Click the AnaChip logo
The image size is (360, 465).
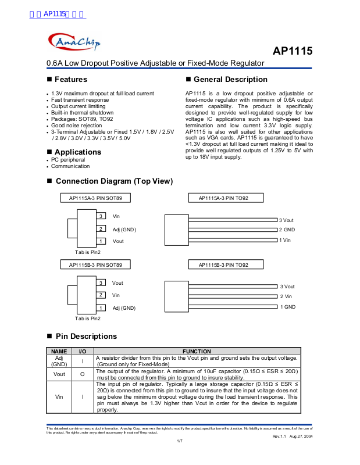coord(74,41)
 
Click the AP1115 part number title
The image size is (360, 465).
coord(292,51)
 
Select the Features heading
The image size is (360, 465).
coord(71,79)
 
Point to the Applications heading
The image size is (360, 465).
coord(78,152)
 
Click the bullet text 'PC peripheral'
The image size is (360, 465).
coord(67,160)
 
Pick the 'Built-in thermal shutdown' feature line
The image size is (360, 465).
coord(82,113)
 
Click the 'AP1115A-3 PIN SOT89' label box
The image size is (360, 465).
coord(95,198)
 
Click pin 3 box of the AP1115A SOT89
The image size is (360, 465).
coord(101,216)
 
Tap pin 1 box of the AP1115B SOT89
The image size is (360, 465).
coord(101,307)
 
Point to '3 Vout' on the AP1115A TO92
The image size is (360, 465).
coord(286,221)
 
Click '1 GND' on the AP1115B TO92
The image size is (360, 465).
coord(288,306)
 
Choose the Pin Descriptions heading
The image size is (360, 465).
coord(86,336)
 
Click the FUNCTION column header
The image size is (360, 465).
coord(197,351)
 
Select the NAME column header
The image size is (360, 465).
coord(59,351)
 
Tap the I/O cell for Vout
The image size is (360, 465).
coord(83,374)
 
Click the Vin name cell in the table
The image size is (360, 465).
coord(59,397)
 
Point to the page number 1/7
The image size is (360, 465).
coord(180,441)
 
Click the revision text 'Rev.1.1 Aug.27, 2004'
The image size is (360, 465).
coord(293,436)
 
